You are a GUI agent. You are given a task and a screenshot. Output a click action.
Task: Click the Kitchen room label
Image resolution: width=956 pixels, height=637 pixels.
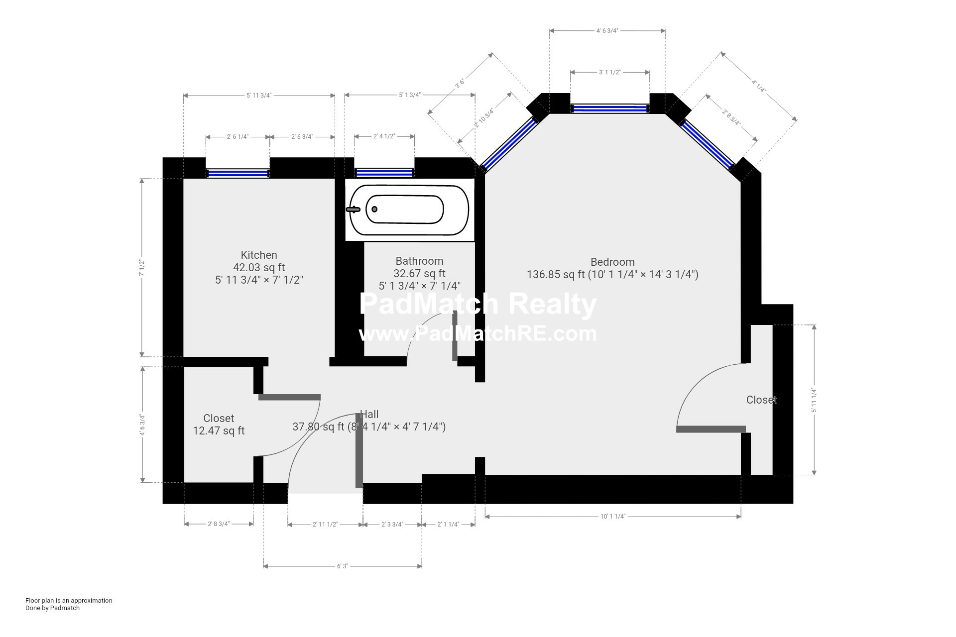(x=259, y=255)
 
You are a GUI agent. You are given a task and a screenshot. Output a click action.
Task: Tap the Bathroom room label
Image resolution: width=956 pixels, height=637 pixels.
(x=419, y=261)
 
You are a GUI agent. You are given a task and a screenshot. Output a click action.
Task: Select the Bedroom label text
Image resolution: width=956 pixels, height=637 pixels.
(x=612, y=262)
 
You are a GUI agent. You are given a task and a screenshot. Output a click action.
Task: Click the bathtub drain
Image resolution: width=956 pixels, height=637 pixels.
(x=374, y=210)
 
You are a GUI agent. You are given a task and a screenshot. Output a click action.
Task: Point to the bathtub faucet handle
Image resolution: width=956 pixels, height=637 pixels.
(x=353, y=210)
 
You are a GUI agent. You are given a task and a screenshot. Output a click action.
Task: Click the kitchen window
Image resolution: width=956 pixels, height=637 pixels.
(x=238, y=173)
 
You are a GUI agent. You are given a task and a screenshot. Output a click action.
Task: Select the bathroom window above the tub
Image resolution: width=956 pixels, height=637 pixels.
(x=384, y=173)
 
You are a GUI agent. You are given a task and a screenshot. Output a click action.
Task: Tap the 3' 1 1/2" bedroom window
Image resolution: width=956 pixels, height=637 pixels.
(x=609, y=108)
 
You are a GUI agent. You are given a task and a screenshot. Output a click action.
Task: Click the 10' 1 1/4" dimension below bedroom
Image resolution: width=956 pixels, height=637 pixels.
(x=612, y=517)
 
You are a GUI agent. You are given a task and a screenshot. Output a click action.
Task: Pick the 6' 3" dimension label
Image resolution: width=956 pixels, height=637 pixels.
(x=343, y=566)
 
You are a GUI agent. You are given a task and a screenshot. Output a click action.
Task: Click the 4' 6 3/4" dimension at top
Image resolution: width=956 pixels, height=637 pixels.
(x=607, y=31)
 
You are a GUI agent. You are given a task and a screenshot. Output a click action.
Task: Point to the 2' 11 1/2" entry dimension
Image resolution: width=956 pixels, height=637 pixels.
(x=325, y=525)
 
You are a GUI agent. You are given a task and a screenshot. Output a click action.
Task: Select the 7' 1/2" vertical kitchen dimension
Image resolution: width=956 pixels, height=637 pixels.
(x=142, y=268)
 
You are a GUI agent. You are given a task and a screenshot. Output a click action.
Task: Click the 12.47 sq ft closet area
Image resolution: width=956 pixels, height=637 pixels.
(x=219, y=431)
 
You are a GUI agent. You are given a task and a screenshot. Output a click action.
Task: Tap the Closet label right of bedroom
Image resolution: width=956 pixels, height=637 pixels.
(x=761, y=400)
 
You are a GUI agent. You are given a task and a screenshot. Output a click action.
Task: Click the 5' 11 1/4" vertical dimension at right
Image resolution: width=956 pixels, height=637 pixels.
(x=814, y=400)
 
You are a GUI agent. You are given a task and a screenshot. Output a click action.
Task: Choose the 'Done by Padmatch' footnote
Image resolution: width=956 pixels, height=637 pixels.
(x=52, y=608)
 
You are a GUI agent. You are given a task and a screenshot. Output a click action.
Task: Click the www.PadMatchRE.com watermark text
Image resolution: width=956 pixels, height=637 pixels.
(x=478, y=333)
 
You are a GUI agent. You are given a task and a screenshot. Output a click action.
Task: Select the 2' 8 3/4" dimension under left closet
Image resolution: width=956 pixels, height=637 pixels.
(x=219, y=524)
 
